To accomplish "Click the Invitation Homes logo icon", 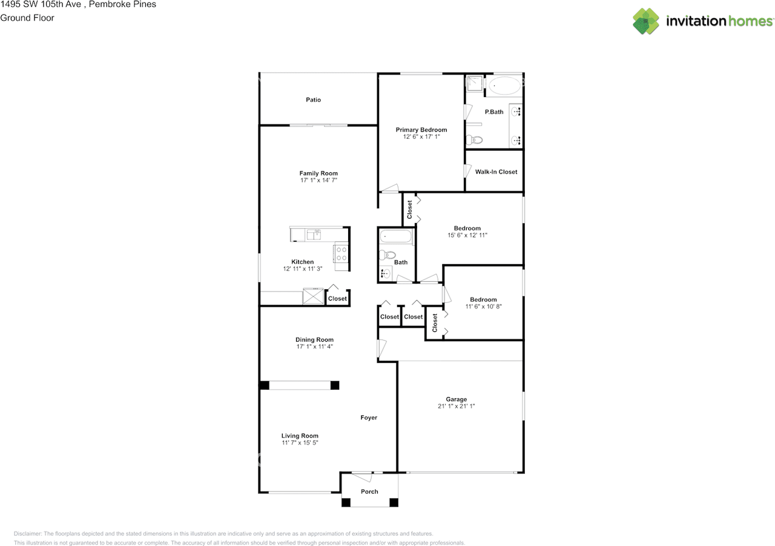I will pos(646,21).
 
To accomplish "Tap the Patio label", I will pos(313,100).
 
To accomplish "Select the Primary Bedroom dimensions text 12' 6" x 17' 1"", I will pos(421,137).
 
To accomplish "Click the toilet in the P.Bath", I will pos(474,140).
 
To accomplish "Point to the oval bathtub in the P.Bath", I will pos(504,86).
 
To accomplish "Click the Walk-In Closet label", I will pos(496,172).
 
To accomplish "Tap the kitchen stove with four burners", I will pos(341,253).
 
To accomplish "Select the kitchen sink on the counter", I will pos(314,235).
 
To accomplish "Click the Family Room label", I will pos(318,173).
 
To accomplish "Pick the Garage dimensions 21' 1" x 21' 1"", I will pos(456,407).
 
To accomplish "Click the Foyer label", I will pos(369,418).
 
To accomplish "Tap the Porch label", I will pos(369,491).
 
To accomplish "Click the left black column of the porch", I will pos(346,502).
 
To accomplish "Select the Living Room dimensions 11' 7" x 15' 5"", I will pos(300,443).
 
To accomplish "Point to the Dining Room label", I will pos(314,340).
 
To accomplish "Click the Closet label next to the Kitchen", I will pos(337,299).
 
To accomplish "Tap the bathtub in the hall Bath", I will pos(396,236).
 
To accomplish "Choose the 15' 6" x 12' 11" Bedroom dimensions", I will pos(467,235).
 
